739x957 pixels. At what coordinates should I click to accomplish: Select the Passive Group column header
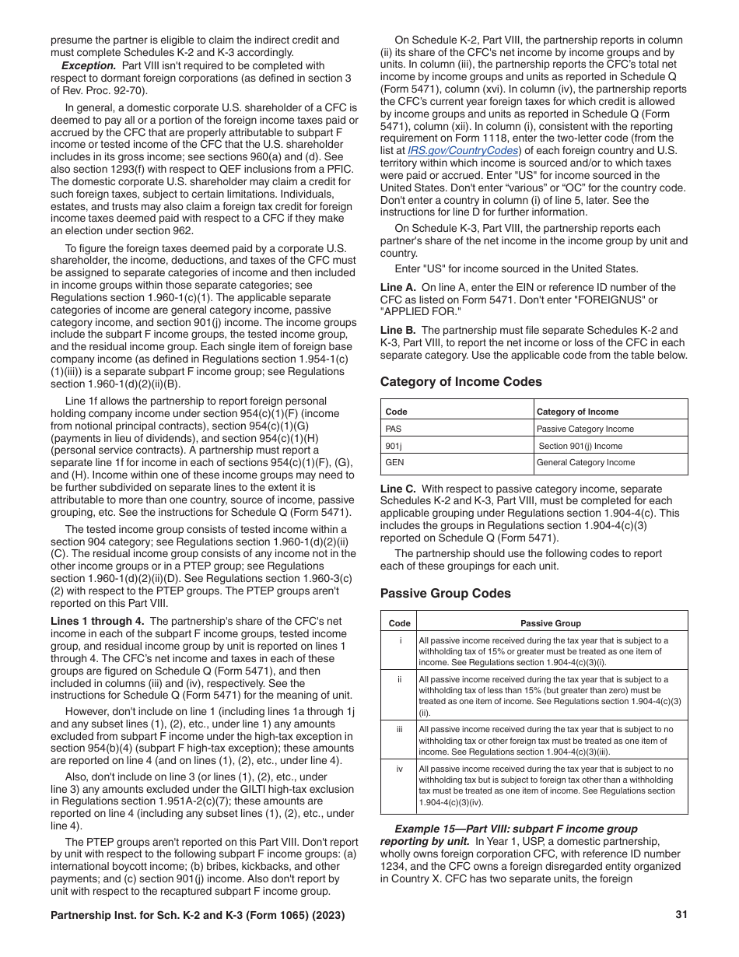[550, 623]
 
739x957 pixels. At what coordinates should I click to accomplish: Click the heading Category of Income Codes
[461, 382]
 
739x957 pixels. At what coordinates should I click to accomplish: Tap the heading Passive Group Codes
[445, 594]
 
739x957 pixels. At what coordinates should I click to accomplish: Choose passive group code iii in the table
[400, 730]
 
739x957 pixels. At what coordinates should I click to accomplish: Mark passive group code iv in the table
[400, 769]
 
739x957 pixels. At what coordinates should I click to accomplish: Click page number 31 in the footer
[681, 915]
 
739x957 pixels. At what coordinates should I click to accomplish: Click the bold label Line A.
[398, 288]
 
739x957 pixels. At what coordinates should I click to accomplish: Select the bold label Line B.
[398, 331]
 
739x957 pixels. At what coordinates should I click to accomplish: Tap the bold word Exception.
[89, 66]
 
